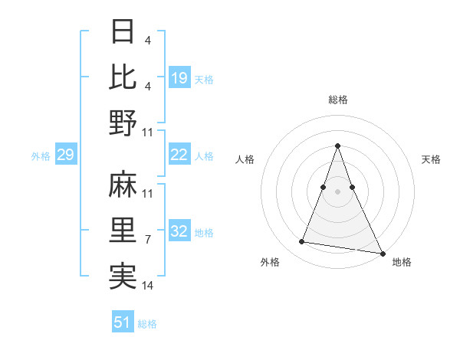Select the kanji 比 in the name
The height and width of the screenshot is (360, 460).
point(123,77)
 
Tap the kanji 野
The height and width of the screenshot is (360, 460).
point(123,122)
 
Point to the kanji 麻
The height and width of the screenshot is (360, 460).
point(123,186)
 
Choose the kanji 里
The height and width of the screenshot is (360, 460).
point(123,230)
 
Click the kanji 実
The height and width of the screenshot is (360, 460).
point(123,274)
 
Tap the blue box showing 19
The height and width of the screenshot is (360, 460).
point(179,77)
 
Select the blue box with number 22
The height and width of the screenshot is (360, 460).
point(179,155)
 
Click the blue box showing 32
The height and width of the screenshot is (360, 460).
point(179,231)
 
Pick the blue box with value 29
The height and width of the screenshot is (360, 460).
point(65,155)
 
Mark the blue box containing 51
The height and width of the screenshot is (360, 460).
point(123,322)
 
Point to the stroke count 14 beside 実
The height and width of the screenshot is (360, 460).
point(148,285)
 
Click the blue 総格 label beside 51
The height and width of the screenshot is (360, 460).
point(148,324)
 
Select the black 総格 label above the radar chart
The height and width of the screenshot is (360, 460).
point(338,100)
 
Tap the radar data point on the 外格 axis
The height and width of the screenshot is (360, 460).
point(302,242)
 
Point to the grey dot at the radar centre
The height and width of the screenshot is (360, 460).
point(338,191)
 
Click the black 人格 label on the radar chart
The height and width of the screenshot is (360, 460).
point(245,159)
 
